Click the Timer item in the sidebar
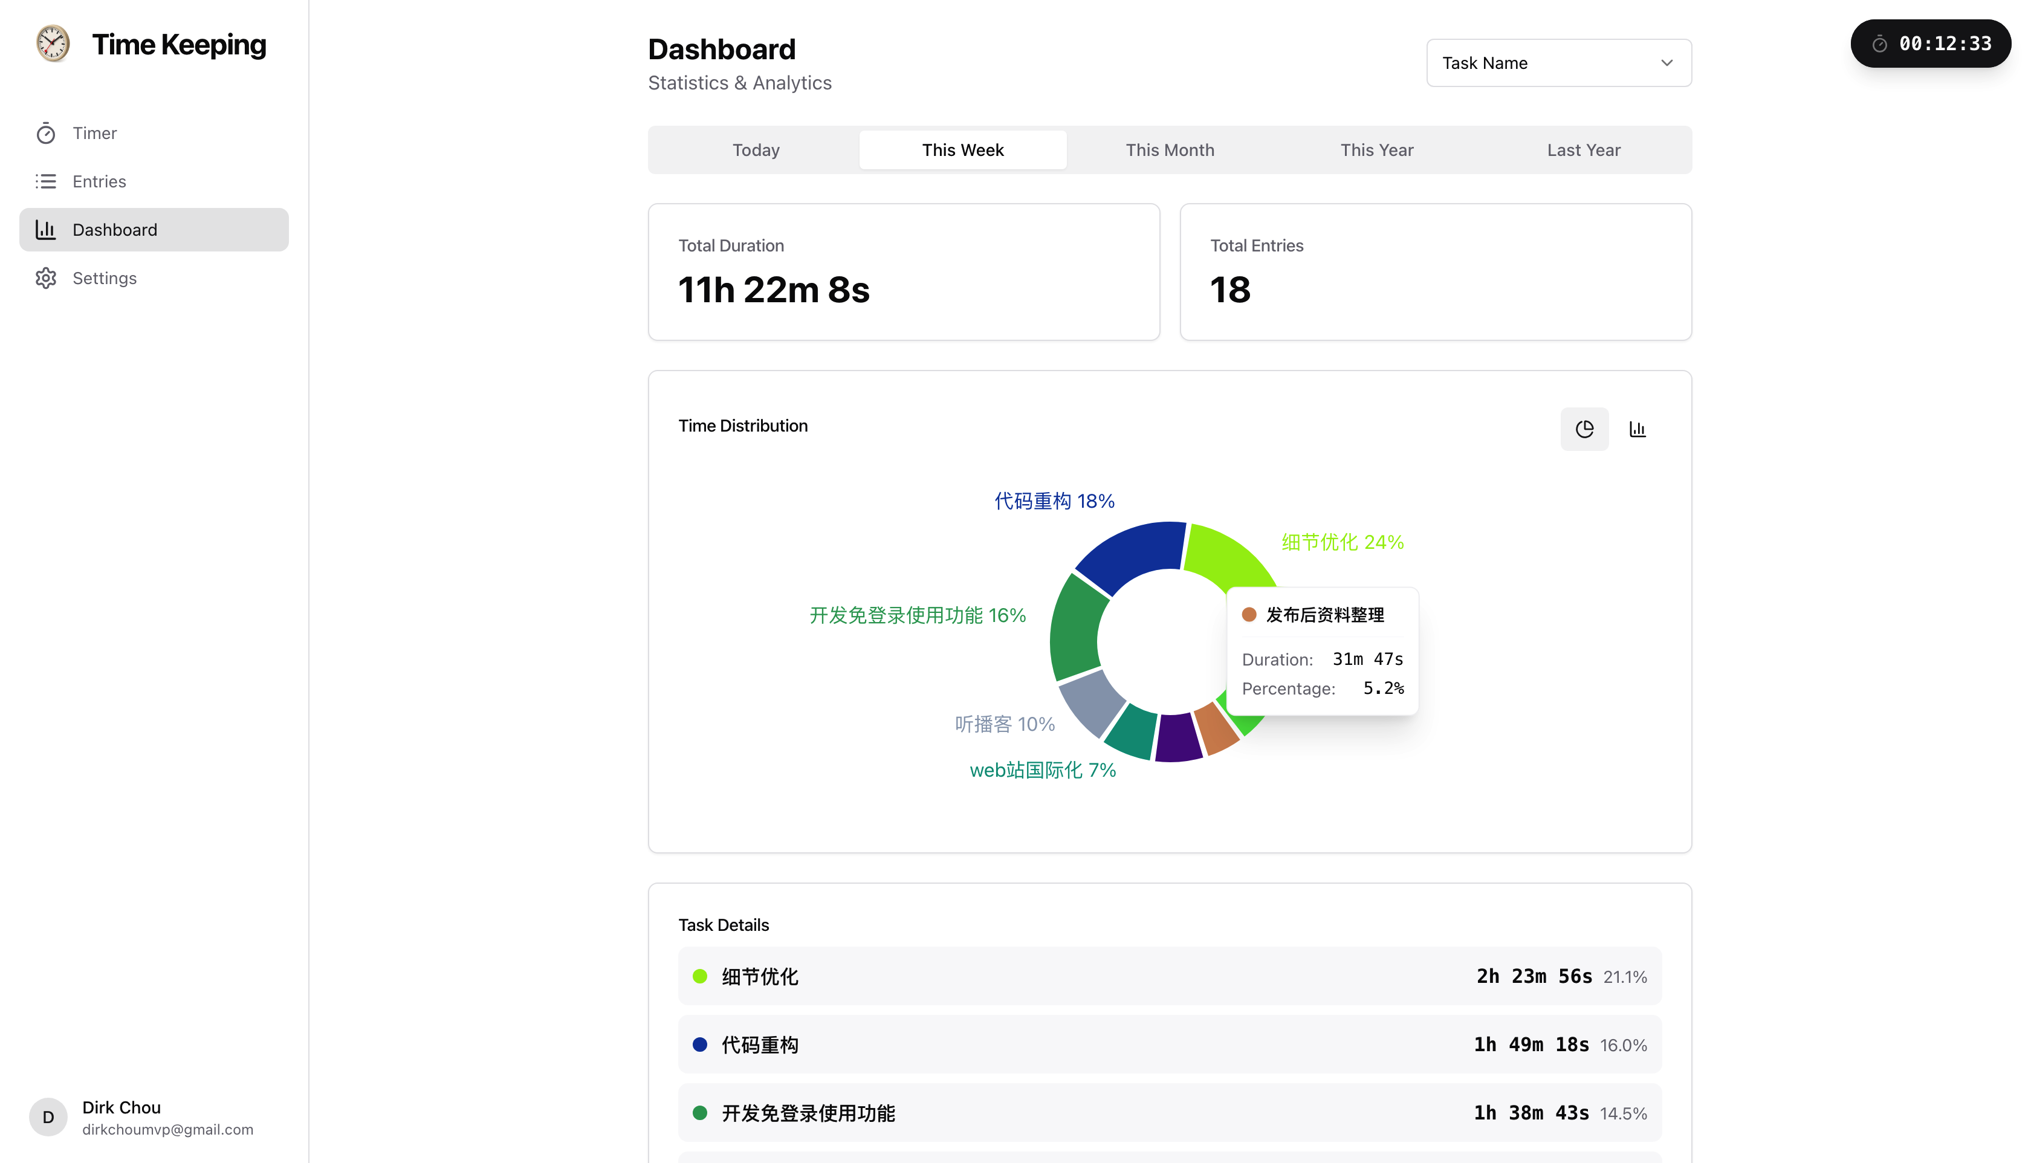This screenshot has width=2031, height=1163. pyautogui.click(x=94, y=134)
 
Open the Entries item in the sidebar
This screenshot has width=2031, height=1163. pyautogui.click(x=99, y=181)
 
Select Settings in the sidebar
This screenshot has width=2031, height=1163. pyautogui.click(x=104, y=278)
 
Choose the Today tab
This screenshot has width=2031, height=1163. pyautogui.click(x=756, y=150)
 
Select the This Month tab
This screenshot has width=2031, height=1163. pyautogui.click(x=1169, y=150)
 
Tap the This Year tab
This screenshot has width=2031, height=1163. pyautogui.click(x=1376, y=150)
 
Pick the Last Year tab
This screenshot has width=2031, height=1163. pyautogui.click(x=1583, y=150)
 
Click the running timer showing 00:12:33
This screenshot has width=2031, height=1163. pyautogui.click(x=1931, y=44)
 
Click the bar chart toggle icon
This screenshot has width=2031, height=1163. pyautogui.click(x=1637, y=430)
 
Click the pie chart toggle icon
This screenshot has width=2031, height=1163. pyautogui.click(x=1584, y=430)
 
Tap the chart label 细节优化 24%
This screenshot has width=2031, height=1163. pyautogui.click(x=1342, y=542)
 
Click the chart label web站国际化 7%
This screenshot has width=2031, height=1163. pyautogui.click(x=1042, y=770)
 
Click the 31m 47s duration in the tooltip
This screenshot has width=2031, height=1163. pyautogui.click(x=1367, y=659)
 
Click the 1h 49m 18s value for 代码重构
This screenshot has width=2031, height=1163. pyautogui.click(x=1531, y=1045)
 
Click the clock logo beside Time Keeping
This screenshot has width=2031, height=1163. pyautogui.click(x=53, y=44)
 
